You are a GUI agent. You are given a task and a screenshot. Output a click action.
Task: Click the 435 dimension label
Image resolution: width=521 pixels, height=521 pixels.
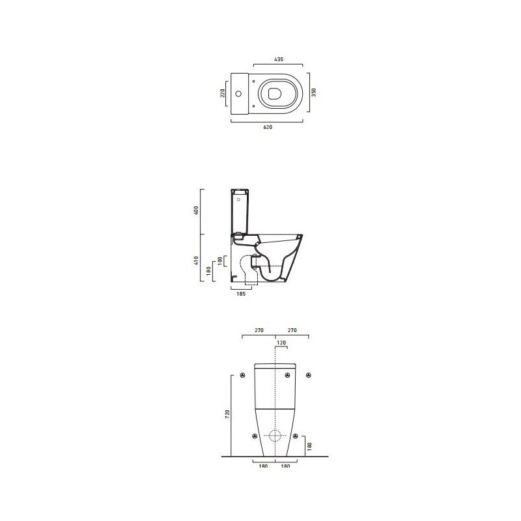[279, 59]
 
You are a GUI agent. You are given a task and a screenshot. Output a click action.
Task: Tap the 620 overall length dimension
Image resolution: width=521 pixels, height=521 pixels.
[268, 127]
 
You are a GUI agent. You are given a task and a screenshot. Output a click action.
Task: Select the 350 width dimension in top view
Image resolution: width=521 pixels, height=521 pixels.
[314, 92]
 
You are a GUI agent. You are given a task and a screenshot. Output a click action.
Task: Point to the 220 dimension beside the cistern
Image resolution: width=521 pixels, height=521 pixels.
[223, 92]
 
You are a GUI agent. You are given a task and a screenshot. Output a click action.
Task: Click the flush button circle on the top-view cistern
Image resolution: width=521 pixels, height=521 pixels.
[238, 93]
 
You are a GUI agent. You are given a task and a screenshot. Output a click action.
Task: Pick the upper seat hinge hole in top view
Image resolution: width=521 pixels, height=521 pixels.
[253, 81]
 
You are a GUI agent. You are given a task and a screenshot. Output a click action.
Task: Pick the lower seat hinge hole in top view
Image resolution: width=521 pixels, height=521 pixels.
[253, 106]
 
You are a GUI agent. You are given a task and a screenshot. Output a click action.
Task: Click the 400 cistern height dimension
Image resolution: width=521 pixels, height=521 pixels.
[196, 210]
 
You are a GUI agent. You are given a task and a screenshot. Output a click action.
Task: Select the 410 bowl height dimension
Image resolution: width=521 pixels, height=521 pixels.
[196, 260]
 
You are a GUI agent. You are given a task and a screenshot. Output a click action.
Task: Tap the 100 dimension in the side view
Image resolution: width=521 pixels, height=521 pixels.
[219, 260]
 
